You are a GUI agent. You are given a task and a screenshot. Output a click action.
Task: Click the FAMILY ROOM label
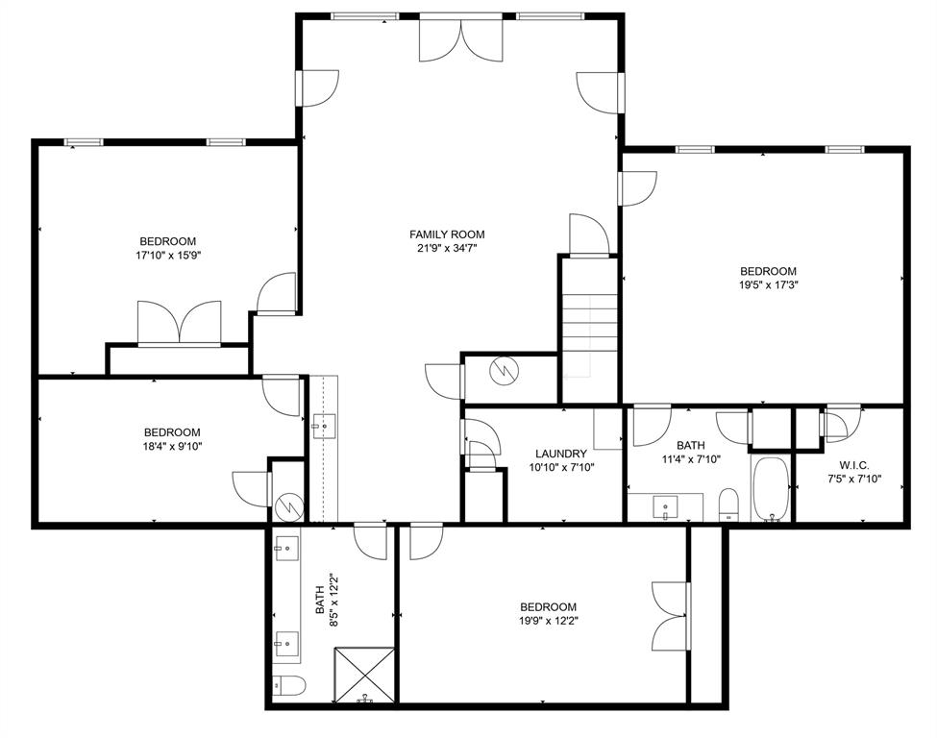point(447,234)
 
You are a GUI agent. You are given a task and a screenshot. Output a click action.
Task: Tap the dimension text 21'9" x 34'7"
point(447,249)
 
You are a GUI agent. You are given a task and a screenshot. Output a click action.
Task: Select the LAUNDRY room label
point(561,454)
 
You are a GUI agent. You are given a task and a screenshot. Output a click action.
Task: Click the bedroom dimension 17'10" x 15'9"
point(168,256)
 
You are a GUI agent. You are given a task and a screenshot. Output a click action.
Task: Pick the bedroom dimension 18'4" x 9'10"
point(172,446)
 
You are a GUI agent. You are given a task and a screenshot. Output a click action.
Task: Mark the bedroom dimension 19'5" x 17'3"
point(768,285)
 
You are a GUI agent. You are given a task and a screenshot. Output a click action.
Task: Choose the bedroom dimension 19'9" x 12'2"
point(548,621)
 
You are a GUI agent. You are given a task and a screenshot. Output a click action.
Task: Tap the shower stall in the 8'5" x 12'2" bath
point(364,676)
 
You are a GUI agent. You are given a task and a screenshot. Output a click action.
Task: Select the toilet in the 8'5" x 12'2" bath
point(287,685)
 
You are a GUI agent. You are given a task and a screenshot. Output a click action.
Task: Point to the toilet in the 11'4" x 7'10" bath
point(729,504)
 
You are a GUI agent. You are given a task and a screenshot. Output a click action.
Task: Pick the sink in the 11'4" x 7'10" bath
point(665,505)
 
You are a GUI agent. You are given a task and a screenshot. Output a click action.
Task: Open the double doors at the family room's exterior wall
point(461,38)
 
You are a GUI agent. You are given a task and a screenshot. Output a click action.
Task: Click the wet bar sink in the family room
point(320,423)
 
